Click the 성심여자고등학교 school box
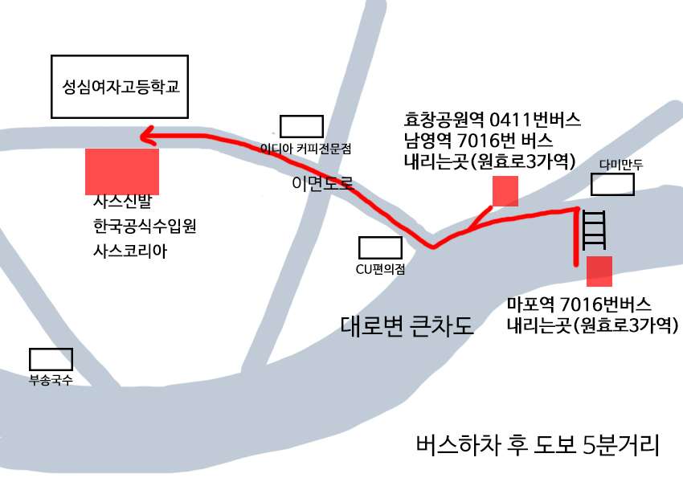coord(119,85)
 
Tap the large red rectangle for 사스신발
coord(122,171)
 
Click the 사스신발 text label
coord(117,202)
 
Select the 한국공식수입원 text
coord(145,227)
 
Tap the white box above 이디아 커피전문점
coord(301,126)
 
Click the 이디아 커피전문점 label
coord(306,149)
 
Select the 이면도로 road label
coord(322,184)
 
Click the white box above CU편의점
coord(380,247)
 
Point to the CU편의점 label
coord(380,269)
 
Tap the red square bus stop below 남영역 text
coord(505,191)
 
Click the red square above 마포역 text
coord(599,272)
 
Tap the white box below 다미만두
coord(613,185)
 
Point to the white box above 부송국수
coord(51,359)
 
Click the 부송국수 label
coord(51,380)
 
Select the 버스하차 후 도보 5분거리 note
coord(538,443)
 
